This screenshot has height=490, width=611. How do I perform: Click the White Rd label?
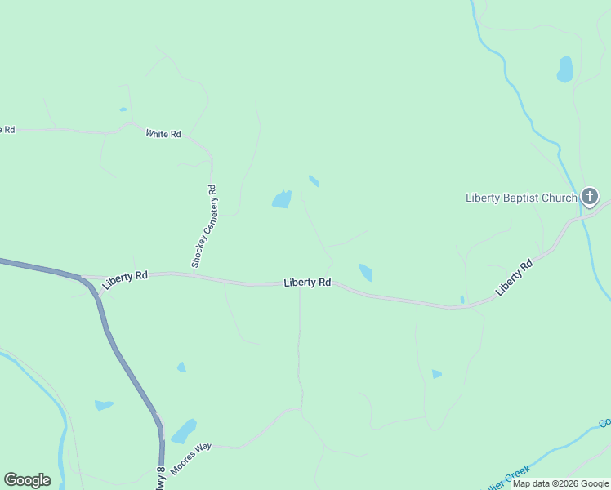click(x=163, y=134)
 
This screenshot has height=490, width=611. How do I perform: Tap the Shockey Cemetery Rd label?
click(x=204, y=226)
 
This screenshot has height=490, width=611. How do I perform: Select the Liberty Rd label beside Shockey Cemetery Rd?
click(x=126, y=278)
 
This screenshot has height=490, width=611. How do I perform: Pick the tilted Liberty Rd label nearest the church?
click(x=515, y=277)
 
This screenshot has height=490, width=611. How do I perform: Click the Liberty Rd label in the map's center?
click(x=307, y=283)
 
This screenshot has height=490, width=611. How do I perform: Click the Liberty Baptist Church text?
click(x=521, y=198)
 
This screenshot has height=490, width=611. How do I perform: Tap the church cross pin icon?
click(x=590, y=197)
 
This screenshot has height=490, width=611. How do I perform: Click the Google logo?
click(x=27, y=480)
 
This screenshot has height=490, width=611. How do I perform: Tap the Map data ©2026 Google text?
click(x=561, y=483)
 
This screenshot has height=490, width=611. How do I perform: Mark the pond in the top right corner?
click(x=564, y=69)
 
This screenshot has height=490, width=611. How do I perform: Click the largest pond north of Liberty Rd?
click(x=282, y=199)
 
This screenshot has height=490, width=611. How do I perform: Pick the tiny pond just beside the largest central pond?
click(x=314, y=180)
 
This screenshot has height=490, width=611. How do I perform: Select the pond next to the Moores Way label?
click(x=185, y=430)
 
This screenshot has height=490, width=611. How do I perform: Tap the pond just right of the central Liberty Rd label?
click(x=365, y=272)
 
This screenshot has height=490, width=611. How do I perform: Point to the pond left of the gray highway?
click(x=104, y=405)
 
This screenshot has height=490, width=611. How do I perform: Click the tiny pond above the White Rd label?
click(x=123, y=109)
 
